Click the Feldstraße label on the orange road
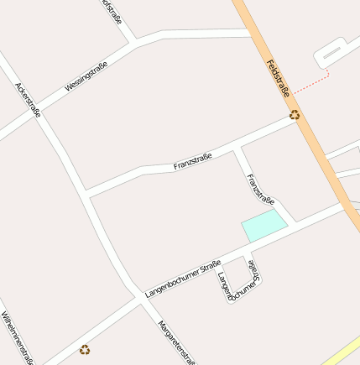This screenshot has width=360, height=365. [x=278, y=78]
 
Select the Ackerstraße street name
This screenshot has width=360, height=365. [x=29, y=100]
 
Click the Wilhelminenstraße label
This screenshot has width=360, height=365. [x=18, y=337]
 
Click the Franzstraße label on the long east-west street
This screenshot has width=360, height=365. [x=193, y=160]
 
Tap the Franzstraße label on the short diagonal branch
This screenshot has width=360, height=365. [x=259, y=189]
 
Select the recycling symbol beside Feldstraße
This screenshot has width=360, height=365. [x=295, y=116]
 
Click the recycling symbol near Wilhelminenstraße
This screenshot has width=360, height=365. [x=84, y=349]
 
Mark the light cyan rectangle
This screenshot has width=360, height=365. [x=263, y=226]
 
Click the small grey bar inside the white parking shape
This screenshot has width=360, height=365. [x=331, y=53]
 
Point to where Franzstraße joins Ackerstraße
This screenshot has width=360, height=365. [x=86, y=196]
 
